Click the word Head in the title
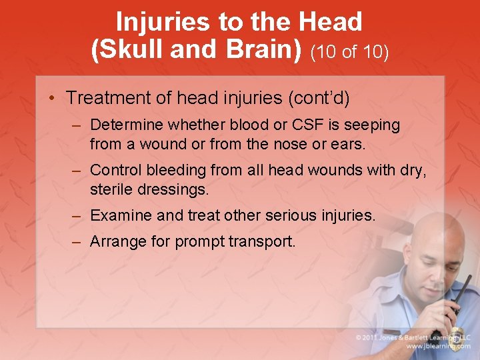coord(331,23)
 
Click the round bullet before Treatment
coord(53,99)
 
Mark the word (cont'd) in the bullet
coord(318,98)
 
